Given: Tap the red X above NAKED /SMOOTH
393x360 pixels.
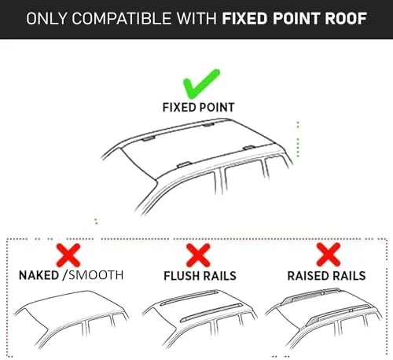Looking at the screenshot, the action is (x=68, y=255).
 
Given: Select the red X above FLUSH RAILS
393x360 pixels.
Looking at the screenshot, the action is (x=198, y=255).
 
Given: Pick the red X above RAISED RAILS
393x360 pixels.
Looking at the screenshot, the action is (x=329, y=255).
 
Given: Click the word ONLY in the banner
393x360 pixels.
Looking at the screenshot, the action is (x=46, y=19).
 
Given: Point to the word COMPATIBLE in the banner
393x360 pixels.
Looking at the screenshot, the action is (x=121, y=19).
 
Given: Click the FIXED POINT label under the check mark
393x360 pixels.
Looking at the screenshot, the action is (x=198, y=108).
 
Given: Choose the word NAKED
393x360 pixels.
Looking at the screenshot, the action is (x=39, y=275).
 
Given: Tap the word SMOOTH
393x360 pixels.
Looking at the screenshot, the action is (x=96, y=275).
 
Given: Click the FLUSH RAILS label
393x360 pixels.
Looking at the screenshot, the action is (x=200, y=276).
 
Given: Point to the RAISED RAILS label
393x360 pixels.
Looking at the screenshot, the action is (x=326, y=276).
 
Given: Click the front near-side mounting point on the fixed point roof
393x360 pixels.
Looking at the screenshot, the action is (x=184, y=164).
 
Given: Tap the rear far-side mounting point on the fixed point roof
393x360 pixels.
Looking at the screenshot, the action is (x=208, y=124).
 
